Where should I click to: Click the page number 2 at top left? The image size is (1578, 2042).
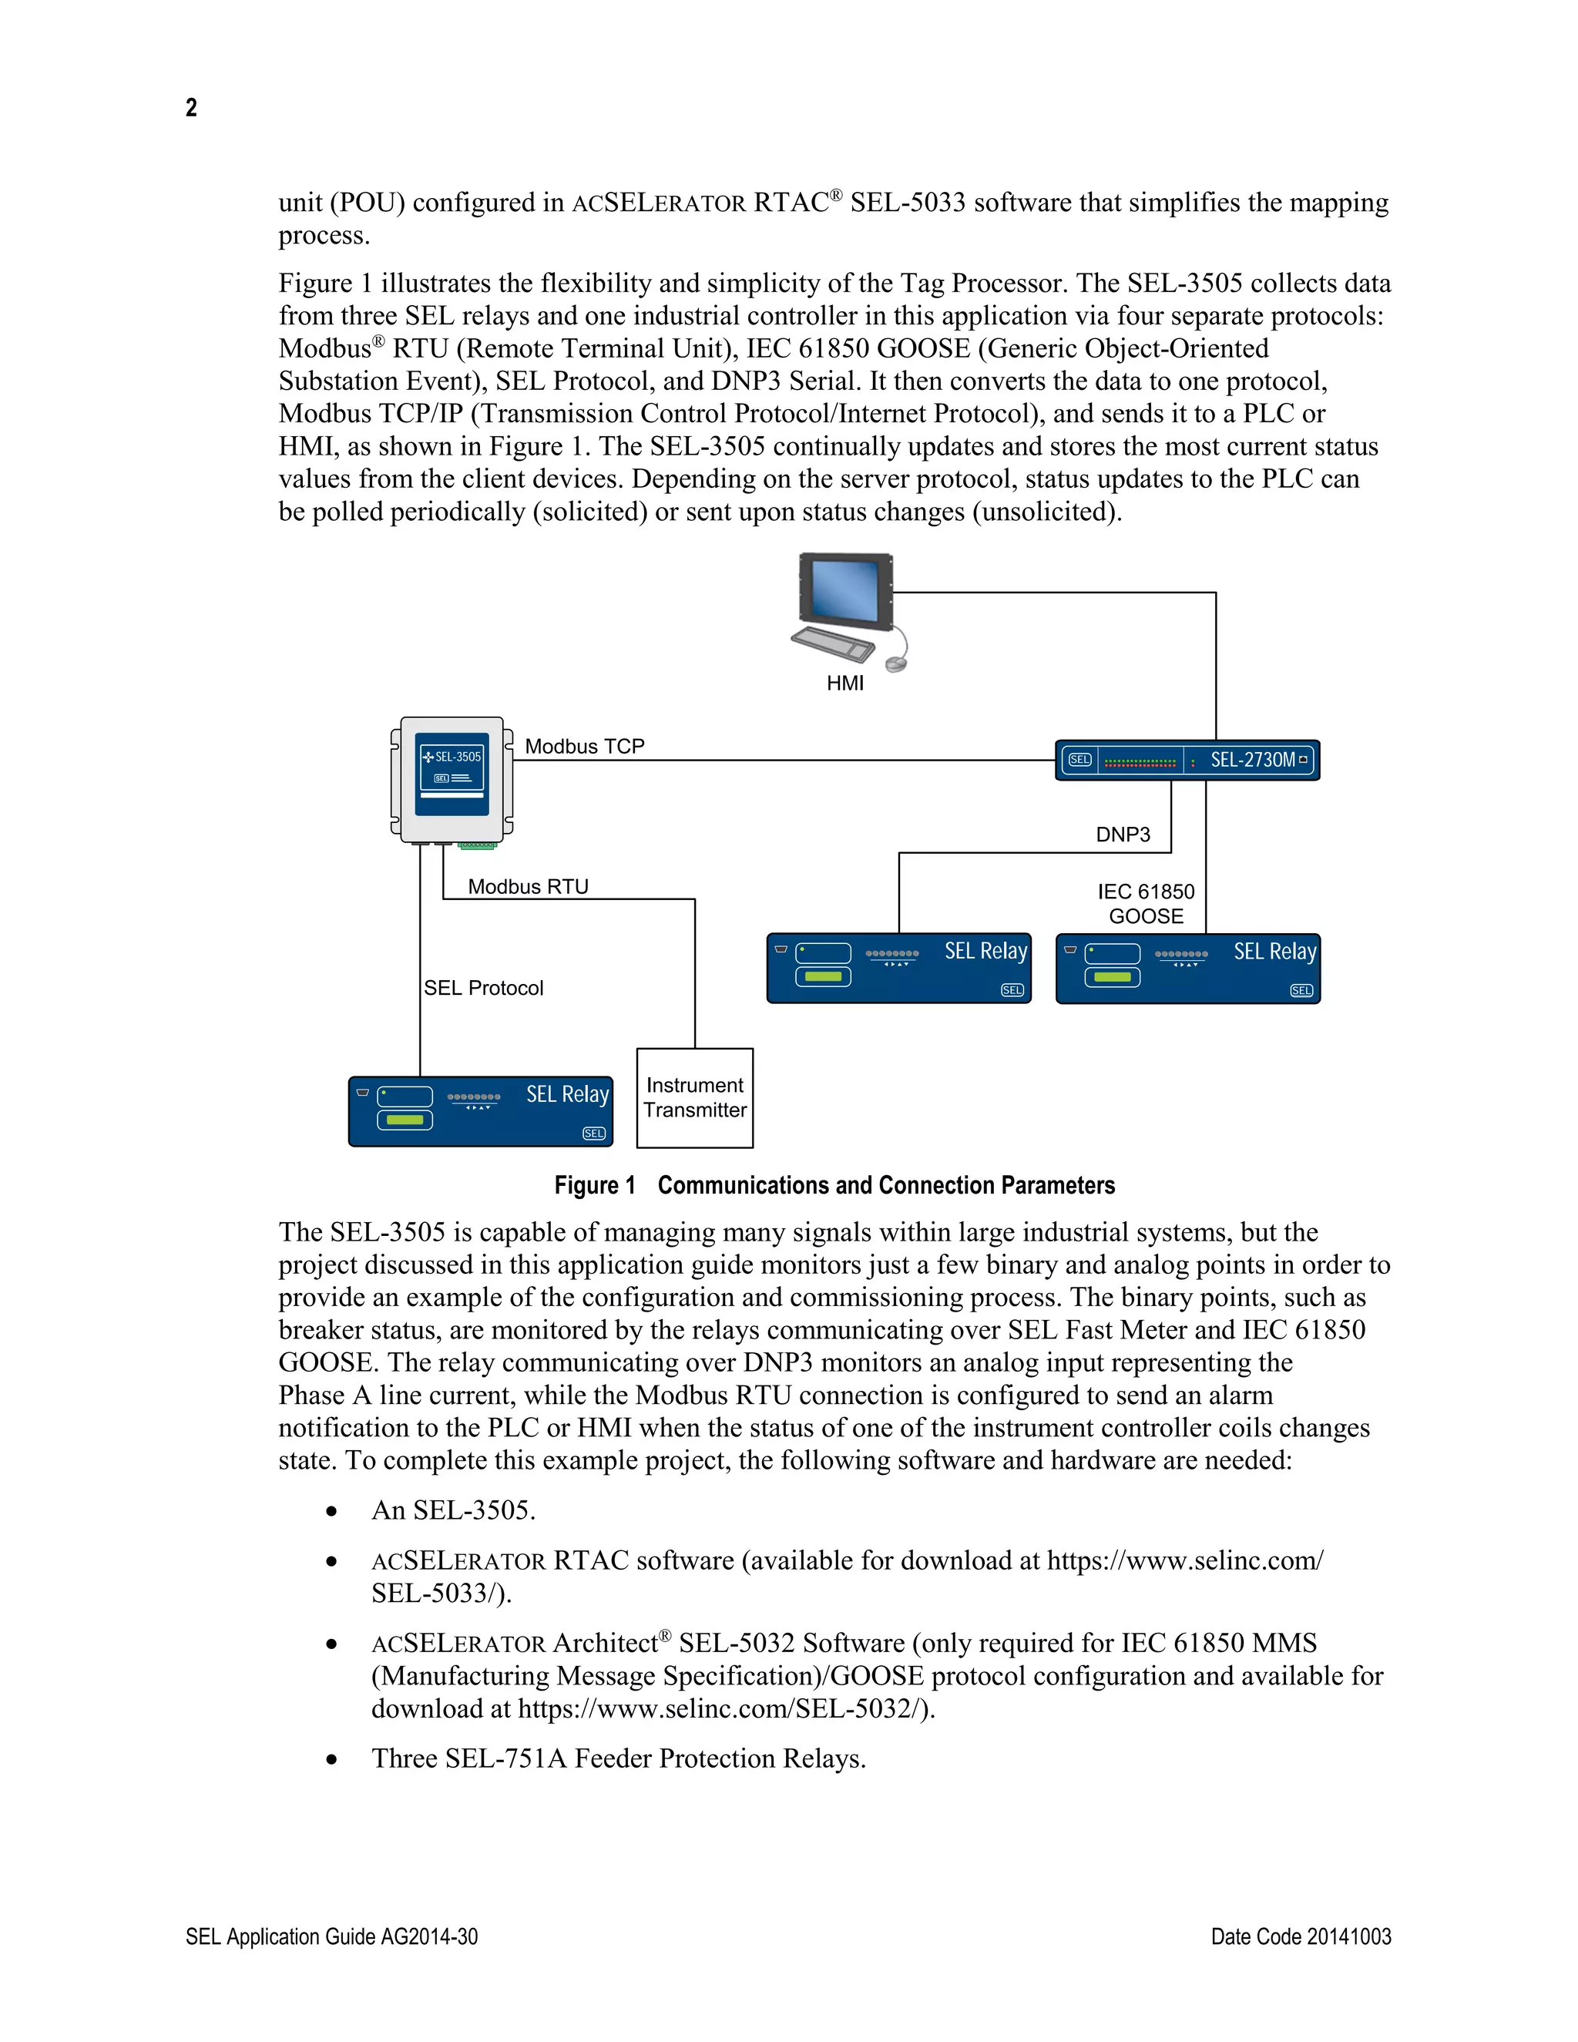click(191, 108)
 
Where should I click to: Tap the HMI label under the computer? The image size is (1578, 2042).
click(845, 683)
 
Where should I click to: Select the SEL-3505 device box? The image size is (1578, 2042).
click(452, 778)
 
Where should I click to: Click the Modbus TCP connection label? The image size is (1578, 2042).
click(584, 746)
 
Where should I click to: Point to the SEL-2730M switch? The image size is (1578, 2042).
click(1187, 760)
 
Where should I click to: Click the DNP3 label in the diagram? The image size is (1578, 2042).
click(1123, 834)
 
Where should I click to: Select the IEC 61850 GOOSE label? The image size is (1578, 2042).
click(1146, 903)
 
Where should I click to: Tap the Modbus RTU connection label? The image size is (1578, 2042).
click(528, 886)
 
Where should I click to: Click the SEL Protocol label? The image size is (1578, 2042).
click(483, 989)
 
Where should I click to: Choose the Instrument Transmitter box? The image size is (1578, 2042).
click(694, 1097)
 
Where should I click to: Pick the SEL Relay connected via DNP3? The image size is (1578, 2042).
click(898, 968)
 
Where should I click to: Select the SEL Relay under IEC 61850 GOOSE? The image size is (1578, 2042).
click(1187, 969)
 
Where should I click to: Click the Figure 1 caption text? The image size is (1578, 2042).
click(834, 1186)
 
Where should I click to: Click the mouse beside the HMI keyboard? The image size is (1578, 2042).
click(895, 663)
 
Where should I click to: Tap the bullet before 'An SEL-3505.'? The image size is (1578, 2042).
click(331, 1511)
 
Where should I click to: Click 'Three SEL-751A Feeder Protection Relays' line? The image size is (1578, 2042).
click(618, 1758)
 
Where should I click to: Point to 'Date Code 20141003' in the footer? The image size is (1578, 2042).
click(1301, 1936)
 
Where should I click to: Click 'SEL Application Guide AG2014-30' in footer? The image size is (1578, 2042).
click(332, 1936)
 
